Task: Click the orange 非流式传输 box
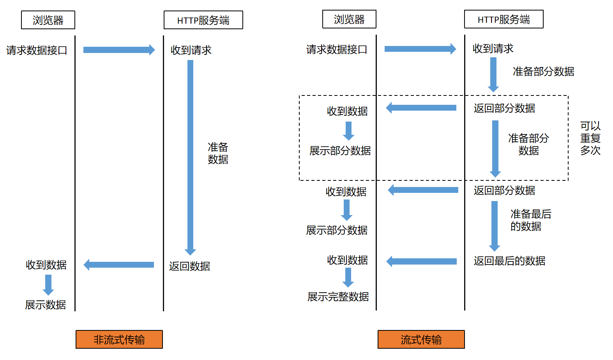pos(119,339)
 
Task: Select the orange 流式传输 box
pos(421,339)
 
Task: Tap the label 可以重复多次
pos(590,138)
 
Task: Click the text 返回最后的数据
pos(509,261)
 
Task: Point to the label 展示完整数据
pos(338,297)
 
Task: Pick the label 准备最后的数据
pos(530,220)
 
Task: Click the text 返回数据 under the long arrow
pos(189,266)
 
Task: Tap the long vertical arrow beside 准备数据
pos(190,156)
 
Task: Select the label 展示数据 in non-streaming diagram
pos(45,305)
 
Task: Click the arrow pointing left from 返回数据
pos(119,265)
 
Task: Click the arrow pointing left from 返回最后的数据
pos(422,261)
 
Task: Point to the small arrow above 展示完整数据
pos(348,277)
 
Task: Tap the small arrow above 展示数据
pos(48,284)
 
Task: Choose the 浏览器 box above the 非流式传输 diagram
pos(48,20)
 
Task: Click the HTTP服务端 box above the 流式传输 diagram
pos(503,19)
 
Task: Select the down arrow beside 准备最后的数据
pos(494,226)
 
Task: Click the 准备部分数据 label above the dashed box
pos(543,72)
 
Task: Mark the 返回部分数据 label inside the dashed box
pos(504,108)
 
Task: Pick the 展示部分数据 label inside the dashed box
pos(340,151)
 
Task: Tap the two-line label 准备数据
pos(218,153)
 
